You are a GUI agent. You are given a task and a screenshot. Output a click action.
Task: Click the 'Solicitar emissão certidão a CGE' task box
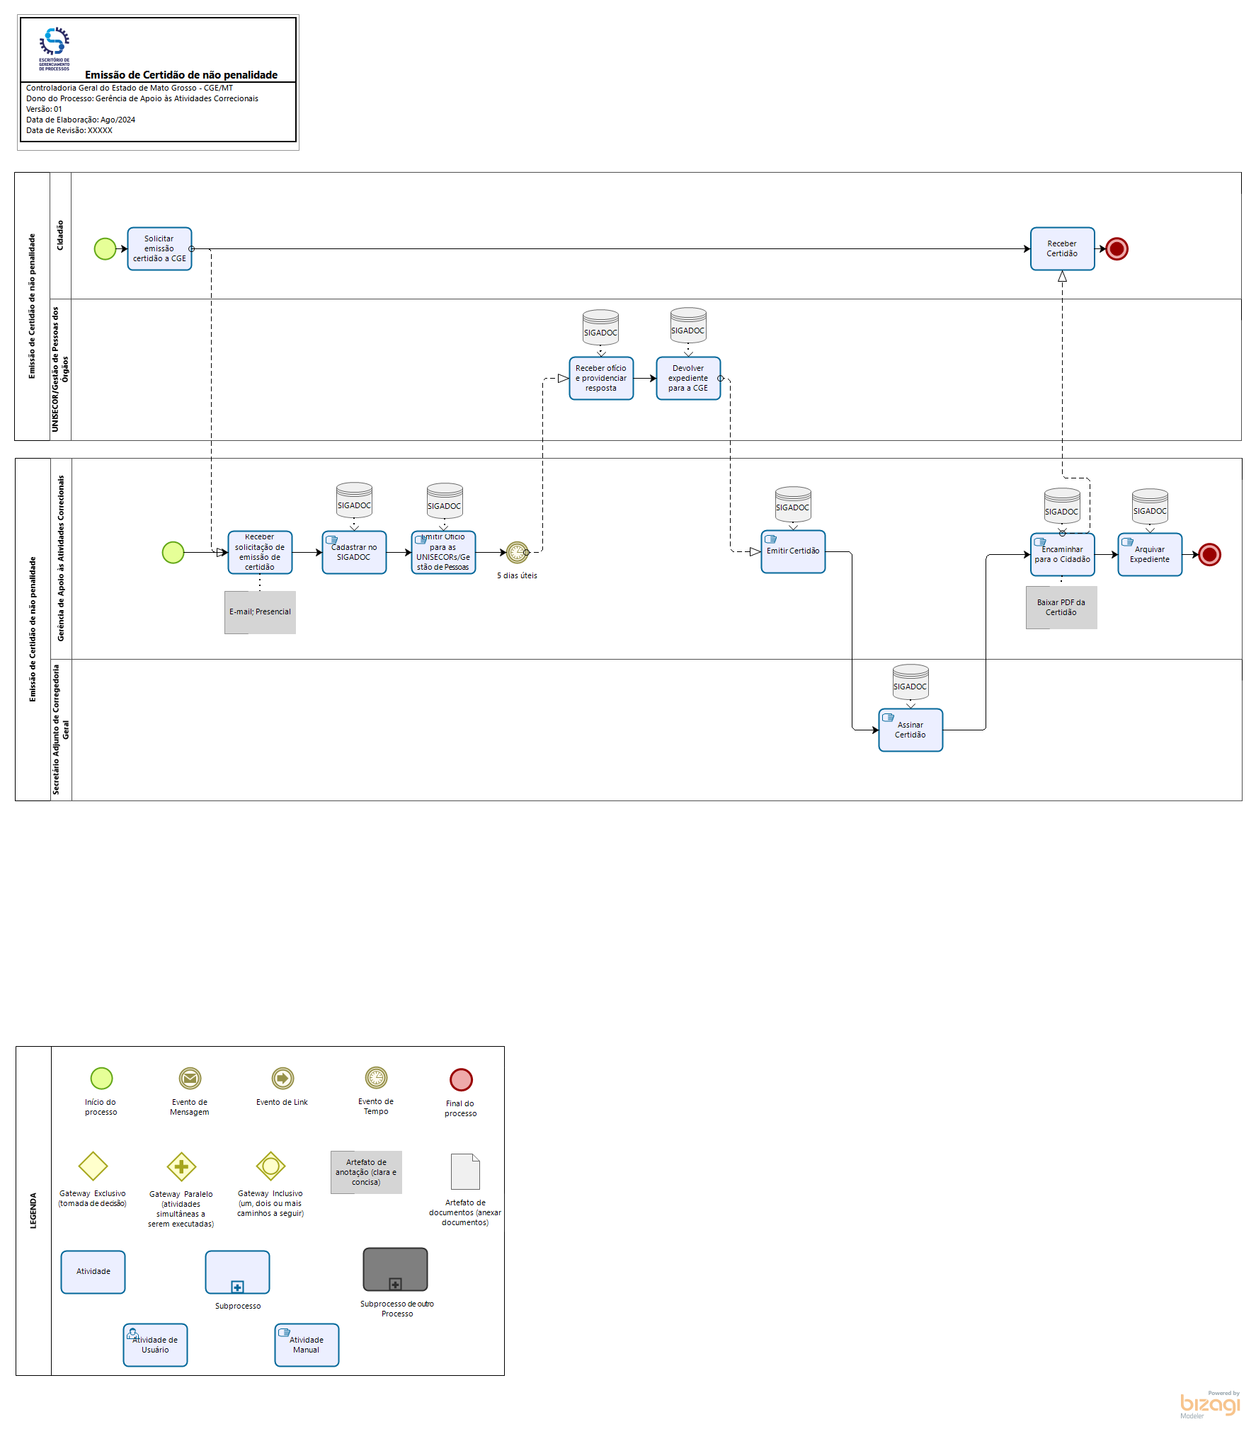tap(159, 249)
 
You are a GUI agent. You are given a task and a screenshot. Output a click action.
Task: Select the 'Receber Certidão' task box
tap(1062, 249)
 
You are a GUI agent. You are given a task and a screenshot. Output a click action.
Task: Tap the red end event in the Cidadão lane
tap(1117, 249)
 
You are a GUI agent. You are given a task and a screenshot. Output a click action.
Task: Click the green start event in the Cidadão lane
tap(105, 249)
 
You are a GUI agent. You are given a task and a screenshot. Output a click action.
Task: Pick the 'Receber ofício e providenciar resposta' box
tap(601, 379)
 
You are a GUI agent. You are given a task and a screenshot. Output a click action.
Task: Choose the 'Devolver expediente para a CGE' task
tap(688, 379)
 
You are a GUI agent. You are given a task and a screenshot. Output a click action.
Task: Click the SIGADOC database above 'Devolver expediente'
tap(688, 326)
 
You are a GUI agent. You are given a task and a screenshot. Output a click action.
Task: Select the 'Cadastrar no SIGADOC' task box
tap(354, 553)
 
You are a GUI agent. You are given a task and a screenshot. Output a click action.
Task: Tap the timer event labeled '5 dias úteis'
tap(517, 552)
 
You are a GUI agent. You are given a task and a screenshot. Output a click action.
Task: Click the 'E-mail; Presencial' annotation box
tap(260, 612)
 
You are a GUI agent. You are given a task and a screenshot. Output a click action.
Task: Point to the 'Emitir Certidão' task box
tap(793, 552)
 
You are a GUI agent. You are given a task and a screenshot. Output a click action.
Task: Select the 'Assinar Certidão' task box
tap(910, 730)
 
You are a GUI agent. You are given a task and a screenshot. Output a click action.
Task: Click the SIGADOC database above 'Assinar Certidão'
tap(910, 682)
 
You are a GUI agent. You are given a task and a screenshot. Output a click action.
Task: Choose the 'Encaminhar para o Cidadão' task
tap(1062, 555)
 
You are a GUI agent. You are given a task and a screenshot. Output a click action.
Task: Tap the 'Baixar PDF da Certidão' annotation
tap(1061, 608)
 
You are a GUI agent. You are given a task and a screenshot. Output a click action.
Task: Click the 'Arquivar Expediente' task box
tap(1150, 555)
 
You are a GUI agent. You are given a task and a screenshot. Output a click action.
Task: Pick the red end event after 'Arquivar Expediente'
tap(1209, 555)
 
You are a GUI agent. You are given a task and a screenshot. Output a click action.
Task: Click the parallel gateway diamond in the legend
tap(181, 1166)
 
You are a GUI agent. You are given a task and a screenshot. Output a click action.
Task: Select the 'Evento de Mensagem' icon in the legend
tap(190, 1079)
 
